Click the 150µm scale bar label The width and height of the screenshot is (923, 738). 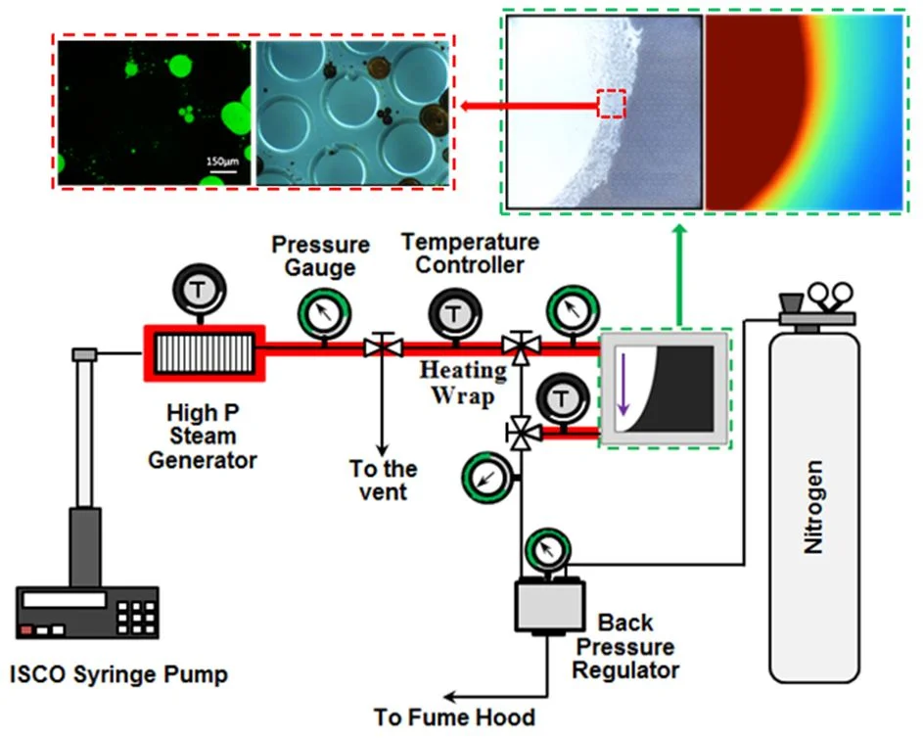point(220,160)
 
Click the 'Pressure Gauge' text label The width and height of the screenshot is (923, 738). point(320,254)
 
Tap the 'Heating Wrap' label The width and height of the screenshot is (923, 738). point(463,383)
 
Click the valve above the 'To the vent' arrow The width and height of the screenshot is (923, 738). point(378,346)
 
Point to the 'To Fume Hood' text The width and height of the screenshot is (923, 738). point(454,716)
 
